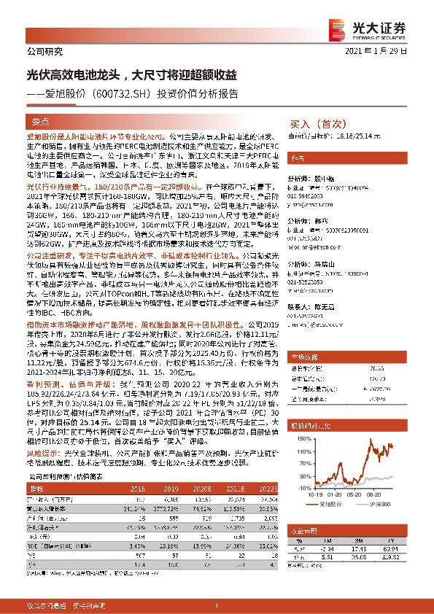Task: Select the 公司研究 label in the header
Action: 44,51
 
